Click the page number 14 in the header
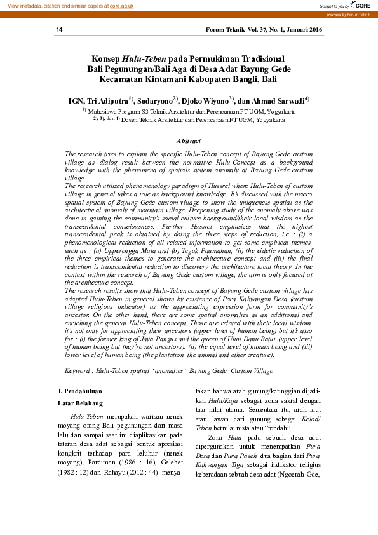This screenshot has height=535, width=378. [x=59, y=30]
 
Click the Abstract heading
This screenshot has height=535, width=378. [x=189, y=140]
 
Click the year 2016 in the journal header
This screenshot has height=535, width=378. [x=312, y=30]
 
